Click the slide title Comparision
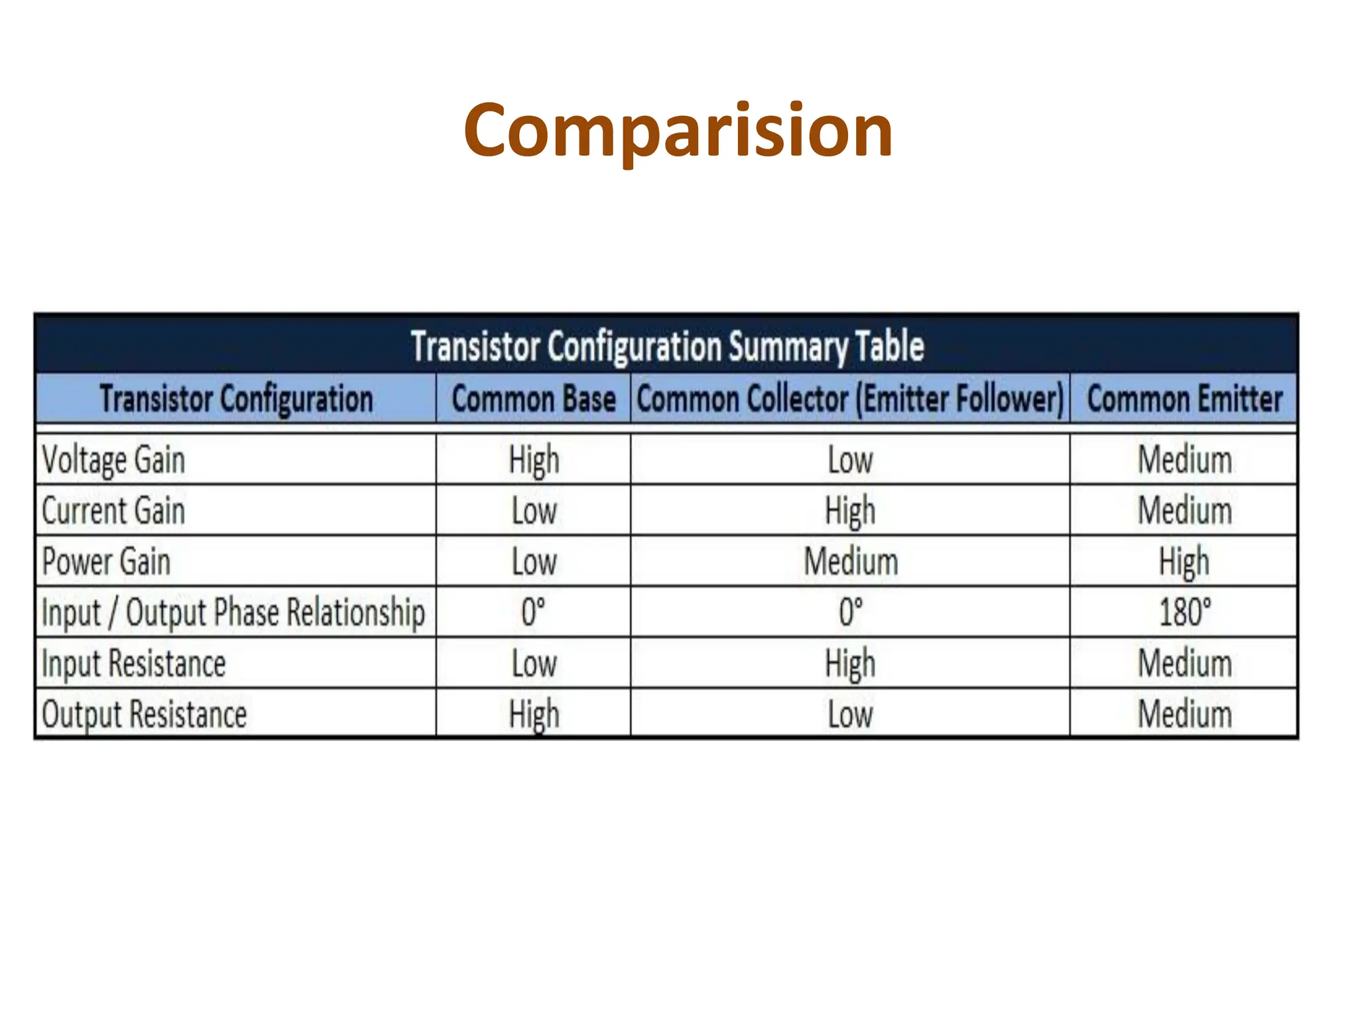tap(678, 131)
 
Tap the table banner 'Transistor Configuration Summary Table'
tap(666, 346)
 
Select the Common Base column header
tap(534, 399)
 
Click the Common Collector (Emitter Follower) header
tap(850, 399)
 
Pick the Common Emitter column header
tap(1184, 399)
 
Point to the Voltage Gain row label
tap(113, 460)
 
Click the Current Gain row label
tap(113, 511)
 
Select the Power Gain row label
tap(106, 562)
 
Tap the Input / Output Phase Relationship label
tap(233, 612)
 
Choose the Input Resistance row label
tap(133, 663)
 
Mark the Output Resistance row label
tap(144, 714)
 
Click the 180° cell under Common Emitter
tap(1184, 612)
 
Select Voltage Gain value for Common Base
tap(534, 460)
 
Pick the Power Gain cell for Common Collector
tap(850, 562)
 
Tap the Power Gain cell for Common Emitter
tap(1184, 562)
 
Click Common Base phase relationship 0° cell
tap(534, 612)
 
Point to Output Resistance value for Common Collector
tap(850, 714)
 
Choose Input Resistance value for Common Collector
tap(850, 663)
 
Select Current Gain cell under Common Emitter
tap(1184, 511)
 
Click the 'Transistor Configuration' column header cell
tap(236, 399)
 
